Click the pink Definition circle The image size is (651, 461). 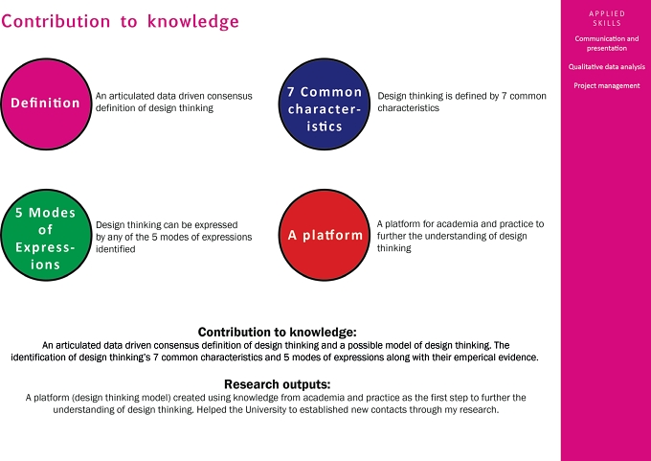(46, 104)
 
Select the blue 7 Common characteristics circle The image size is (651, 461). (325, 104)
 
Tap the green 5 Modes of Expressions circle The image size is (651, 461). (46, 235)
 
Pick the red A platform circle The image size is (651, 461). (325, 235)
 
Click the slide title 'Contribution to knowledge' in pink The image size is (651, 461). (120, 22)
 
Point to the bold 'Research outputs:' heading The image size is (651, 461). (278, 383)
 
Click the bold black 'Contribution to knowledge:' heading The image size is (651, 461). (278, 332)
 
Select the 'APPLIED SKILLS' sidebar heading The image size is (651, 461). (607, 18)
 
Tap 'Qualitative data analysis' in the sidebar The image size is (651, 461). (607, 66)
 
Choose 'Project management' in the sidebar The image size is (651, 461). (607, 85)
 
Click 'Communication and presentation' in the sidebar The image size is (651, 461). (607, 43)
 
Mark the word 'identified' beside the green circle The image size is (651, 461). (116, 249)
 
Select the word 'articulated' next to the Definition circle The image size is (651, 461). (128, 96)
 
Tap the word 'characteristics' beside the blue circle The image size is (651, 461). (408, 108)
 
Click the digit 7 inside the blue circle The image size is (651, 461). (291, 92)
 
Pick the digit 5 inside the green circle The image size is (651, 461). (19, 213)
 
